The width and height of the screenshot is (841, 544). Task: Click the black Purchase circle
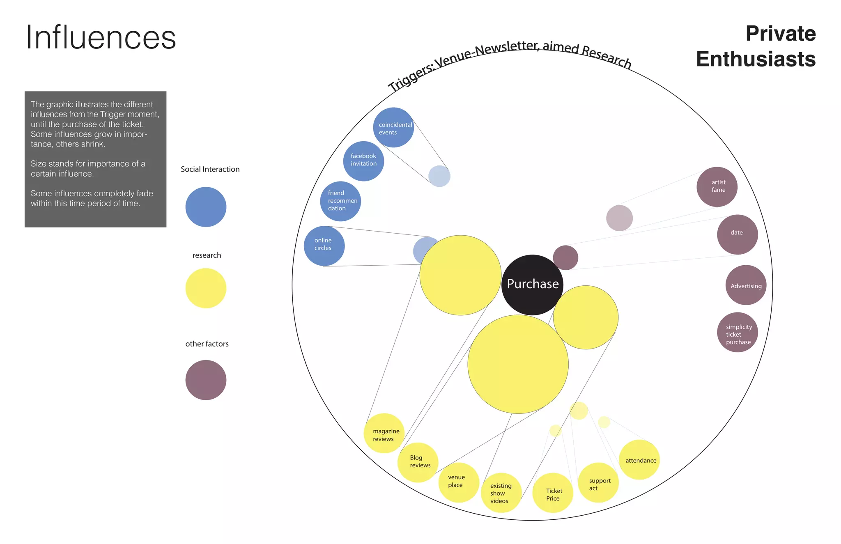coord(532,285)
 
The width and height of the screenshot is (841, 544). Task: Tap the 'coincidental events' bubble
coord(393,128)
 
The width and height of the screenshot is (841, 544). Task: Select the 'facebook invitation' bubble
coord(363,161)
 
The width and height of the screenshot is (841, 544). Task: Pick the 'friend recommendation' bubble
coord(340,201)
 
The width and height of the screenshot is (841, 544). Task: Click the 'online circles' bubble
coord(324,246)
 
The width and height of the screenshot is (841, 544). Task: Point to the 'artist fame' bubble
coord(717,187)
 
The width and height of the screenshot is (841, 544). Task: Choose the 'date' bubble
coord(737,234)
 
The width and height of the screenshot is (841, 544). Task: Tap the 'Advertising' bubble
coord(746,285)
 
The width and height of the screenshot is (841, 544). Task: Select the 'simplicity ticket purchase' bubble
coord(738,332)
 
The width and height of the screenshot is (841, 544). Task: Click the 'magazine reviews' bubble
coord(384,433)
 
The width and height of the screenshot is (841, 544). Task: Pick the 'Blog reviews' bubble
coord(418,462)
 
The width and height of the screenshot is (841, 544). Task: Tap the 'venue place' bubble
coord(458,482)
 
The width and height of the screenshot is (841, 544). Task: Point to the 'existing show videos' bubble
coord(501,493)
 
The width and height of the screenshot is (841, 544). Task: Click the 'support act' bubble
coord(598,482)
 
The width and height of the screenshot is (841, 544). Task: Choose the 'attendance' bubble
coord(639,459)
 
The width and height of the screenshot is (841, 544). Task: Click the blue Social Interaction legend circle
coord(206,207)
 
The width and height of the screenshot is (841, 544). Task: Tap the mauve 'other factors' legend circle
coord(206,380)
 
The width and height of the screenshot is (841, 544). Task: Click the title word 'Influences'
coord(101,37)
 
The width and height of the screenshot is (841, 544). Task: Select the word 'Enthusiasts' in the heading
coord(756,59)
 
